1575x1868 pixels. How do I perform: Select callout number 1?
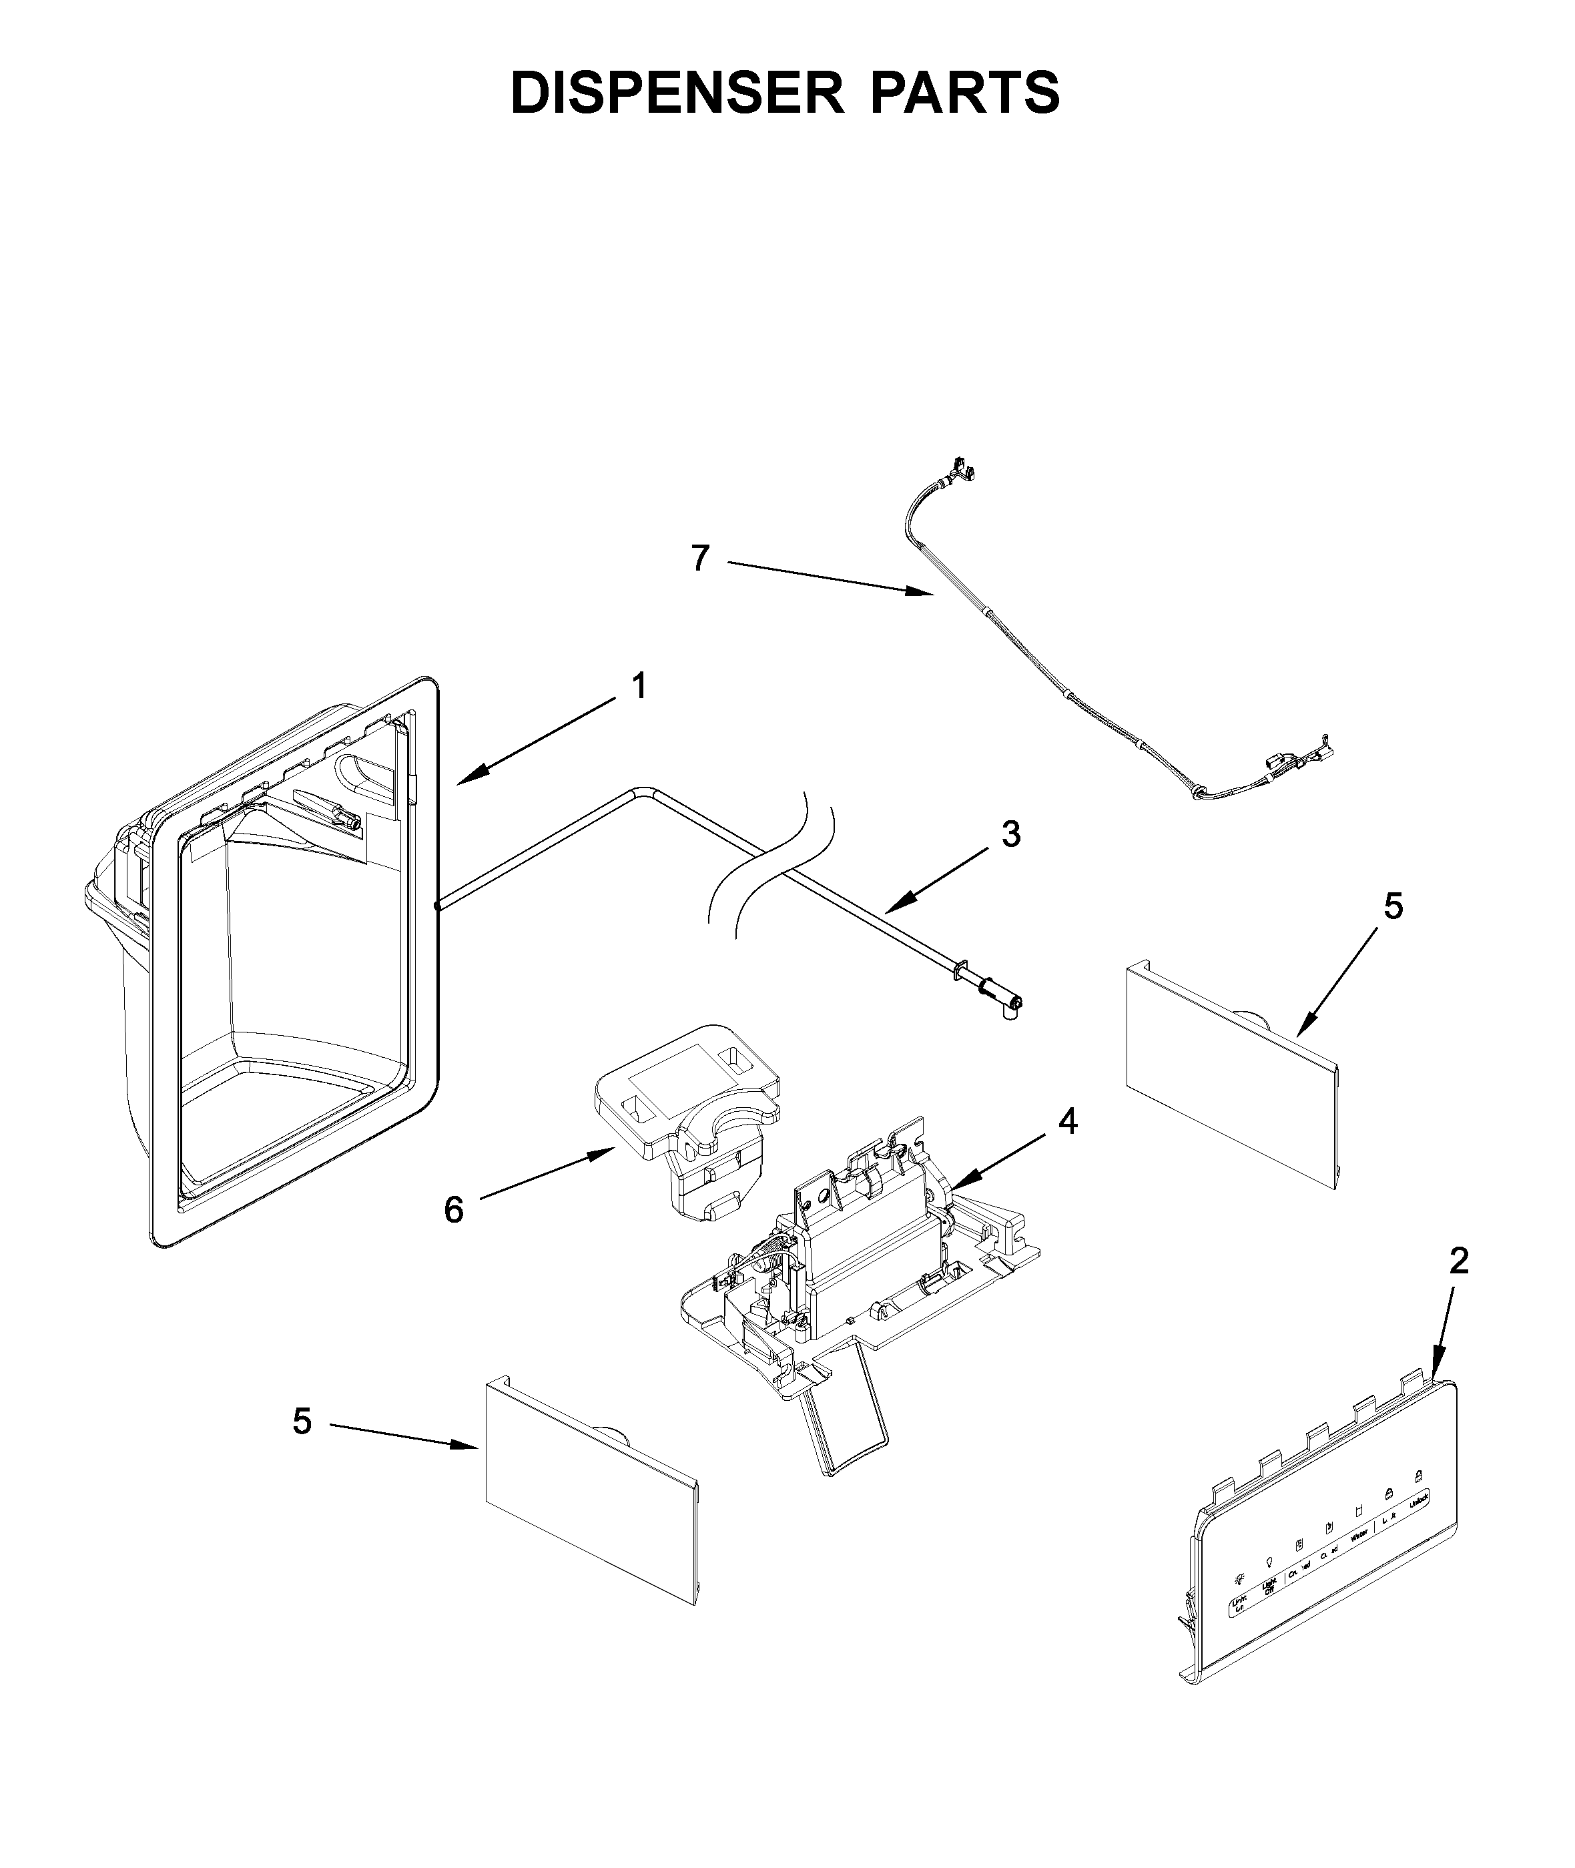639,687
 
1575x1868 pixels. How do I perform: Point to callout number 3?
1010,834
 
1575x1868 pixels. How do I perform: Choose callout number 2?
1459,1262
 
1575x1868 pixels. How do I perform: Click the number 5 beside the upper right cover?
1393,907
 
